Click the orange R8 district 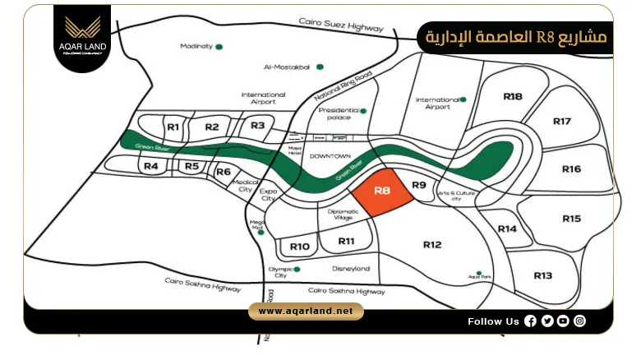click(381, 195)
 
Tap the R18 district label click(513, 96)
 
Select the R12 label click(432, 244)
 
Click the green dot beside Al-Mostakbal click(320, 67)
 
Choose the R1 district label click(173, 127)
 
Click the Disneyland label click(351, 269)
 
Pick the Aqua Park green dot click(478, 273)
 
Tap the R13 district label click(543, 275)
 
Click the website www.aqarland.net click(305, 311)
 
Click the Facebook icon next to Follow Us click(530, 321)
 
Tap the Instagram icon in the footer click(580, 321)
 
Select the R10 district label click(300, 247)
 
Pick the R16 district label click(572, 169)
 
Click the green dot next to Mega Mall click(261, 232)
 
